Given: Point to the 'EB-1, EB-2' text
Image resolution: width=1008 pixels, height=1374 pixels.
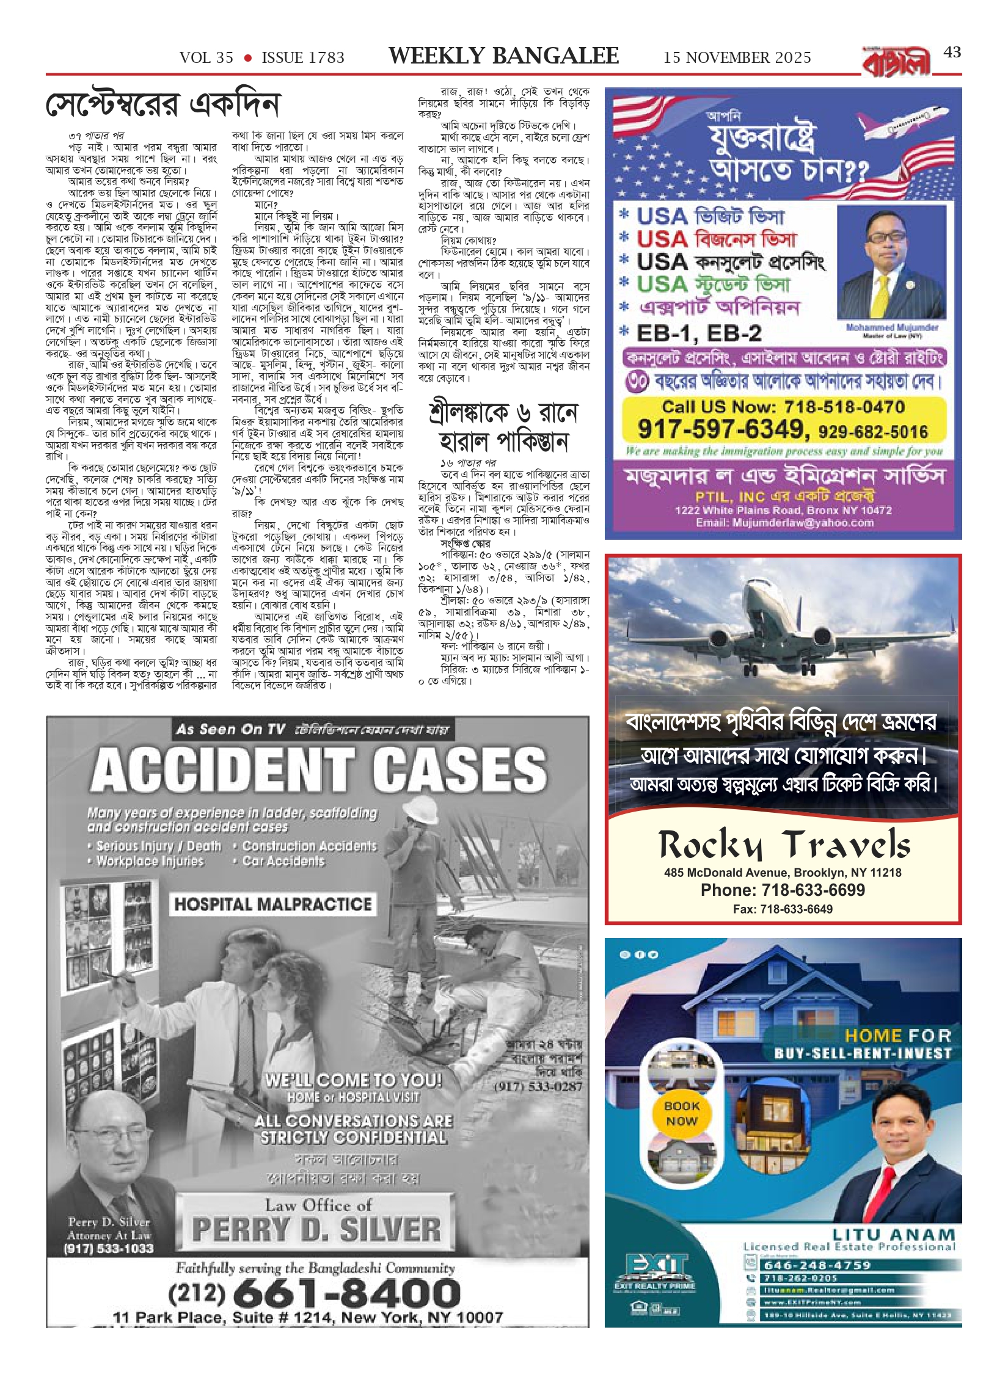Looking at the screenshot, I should (x=699, y=333).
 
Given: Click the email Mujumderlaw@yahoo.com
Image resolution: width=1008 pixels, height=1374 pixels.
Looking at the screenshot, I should (x=784, y=522).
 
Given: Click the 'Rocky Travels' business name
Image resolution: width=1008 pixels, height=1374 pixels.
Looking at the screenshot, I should (x=784, y=845).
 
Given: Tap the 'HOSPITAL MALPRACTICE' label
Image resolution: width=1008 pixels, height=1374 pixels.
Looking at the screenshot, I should (x=273, y=904).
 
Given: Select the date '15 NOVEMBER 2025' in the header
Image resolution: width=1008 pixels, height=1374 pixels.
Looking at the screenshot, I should (x=737, y=58).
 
